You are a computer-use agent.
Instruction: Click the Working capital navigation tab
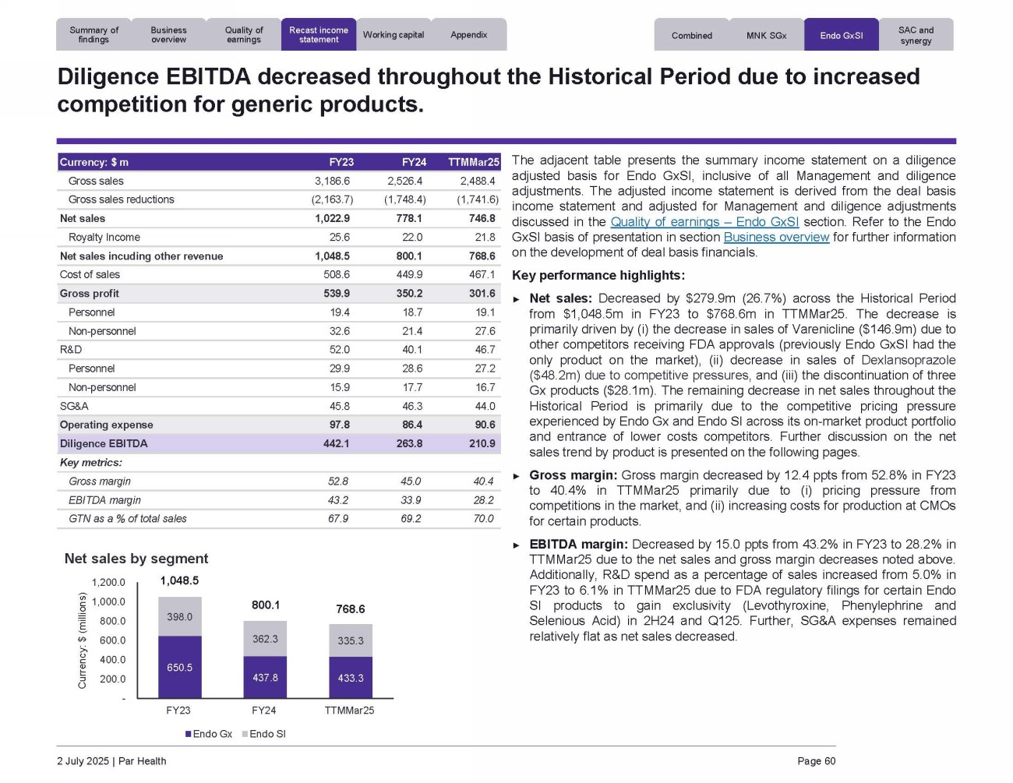click(394, 35)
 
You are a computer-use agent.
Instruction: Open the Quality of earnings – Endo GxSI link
click(704, 222)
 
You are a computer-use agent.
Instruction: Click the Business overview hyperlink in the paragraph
click(776, 238)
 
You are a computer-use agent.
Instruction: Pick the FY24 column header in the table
click(414, 162)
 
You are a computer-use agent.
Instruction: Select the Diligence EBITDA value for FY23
click(337, 443)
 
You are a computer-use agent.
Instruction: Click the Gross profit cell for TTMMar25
click(482, 294)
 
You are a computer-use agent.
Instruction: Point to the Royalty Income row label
click(104, 238)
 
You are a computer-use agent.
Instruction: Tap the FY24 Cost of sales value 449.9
click(409, 275)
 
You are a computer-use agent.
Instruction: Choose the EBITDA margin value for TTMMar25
click(483, 500)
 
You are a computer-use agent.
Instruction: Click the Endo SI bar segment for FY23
click(179, 616)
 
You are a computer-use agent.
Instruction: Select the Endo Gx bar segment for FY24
click(265, 677)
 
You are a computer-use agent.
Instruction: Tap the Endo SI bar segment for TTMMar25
click(351, 640)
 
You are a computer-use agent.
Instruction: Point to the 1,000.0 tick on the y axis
click(108, 602)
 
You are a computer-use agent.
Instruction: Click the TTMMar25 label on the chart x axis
click(349, 711)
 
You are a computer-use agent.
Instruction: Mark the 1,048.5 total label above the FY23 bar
click(179, 580)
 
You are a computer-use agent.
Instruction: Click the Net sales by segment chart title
click(136, 559)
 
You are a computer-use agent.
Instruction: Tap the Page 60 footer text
click(816, 761)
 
